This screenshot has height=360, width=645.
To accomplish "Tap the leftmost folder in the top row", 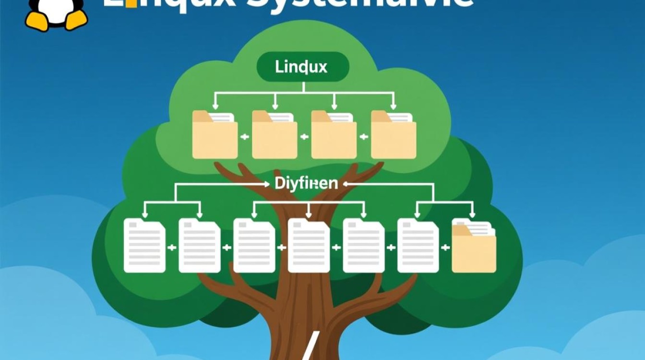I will coord(215,135).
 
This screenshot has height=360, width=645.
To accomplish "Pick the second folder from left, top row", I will coord(274,135).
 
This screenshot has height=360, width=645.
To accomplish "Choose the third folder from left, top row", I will coord(334,135).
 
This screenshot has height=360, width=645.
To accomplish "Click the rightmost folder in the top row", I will coord(393,135).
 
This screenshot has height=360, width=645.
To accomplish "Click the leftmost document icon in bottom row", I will coord(144,245).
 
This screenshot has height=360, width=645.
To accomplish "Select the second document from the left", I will coord(199,245).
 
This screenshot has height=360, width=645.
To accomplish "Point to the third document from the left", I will coord(254,245).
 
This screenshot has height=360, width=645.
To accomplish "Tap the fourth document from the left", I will coord(309,245).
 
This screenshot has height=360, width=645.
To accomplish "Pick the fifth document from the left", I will coord(363,245).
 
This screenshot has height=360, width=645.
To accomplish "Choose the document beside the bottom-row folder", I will coord(418,245).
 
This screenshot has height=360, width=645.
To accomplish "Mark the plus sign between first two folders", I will coord(245,137).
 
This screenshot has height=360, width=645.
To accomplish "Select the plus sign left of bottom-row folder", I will coord(445,248).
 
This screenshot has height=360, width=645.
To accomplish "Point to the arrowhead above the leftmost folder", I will coord(215,106).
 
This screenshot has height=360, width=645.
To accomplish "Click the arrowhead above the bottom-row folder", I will coord(473,215).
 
